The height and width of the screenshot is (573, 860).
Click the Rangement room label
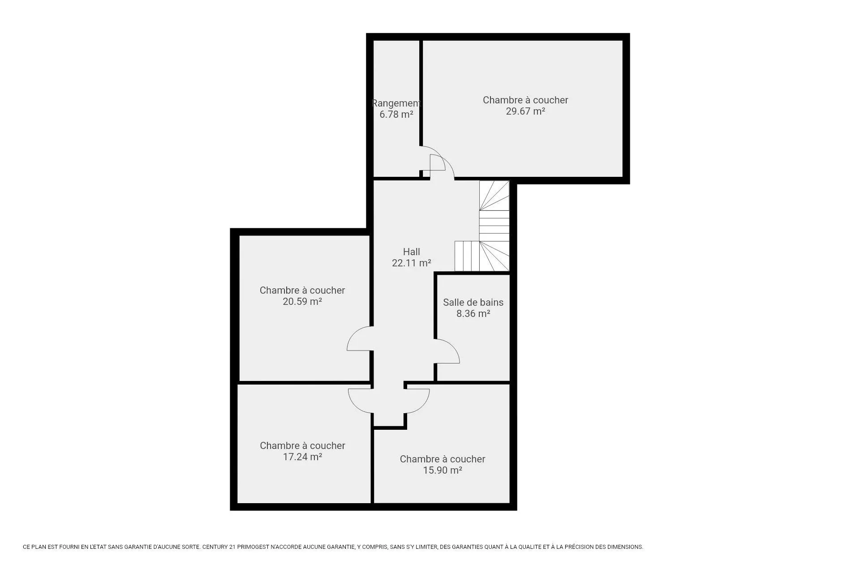(397, 103)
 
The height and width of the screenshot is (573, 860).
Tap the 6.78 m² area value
(396, 115)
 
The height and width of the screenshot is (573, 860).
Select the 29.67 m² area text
(525, 111)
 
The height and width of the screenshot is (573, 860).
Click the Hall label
(412, 252)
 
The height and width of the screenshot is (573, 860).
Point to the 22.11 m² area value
(412, 263)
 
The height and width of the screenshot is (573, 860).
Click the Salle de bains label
(473, 303)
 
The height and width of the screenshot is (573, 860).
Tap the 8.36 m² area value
(473, 314)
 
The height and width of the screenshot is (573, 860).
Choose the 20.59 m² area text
(302, 302)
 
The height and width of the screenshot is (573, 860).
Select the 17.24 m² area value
(302, 457)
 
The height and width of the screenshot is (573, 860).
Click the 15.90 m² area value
(443, 470)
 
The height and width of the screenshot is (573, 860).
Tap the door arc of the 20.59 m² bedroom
(353, 334)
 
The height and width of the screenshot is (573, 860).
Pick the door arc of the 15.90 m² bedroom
(423, 405)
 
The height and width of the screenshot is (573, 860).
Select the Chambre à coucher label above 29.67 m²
(525, 100)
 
